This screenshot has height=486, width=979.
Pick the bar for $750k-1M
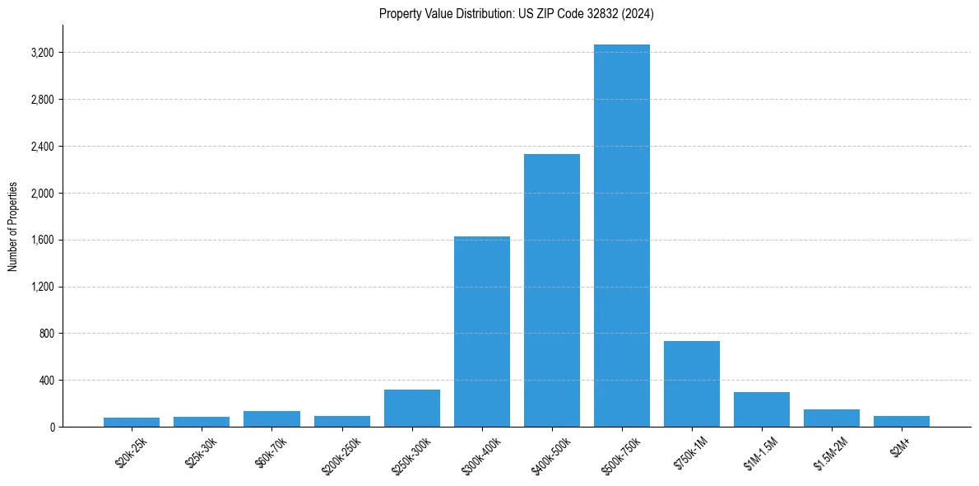coord(692,384)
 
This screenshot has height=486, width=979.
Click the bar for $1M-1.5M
coord(762,409)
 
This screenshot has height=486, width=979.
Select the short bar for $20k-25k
coord(132,422)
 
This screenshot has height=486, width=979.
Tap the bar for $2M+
coord(902,421)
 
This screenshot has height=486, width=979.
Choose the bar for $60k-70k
coord(271,418)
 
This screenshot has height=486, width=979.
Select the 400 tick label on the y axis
coord(47,381)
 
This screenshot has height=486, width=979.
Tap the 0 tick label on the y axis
coord(53,428)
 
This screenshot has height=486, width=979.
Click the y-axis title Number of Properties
coord(12,227)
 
